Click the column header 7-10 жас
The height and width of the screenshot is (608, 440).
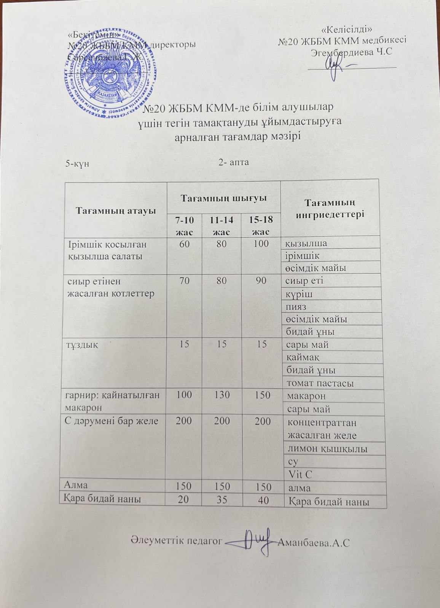point(183,225)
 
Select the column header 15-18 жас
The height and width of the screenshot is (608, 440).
point(261,225)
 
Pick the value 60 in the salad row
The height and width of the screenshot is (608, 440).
point(184,244)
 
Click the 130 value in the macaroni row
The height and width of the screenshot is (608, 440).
point(222,395)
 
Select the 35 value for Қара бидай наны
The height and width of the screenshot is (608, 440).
point(222,500)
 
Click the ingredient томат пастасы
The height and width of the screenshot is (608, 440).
point(320,383)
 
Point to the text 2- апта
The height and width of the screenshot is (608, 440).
point(234,162)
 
